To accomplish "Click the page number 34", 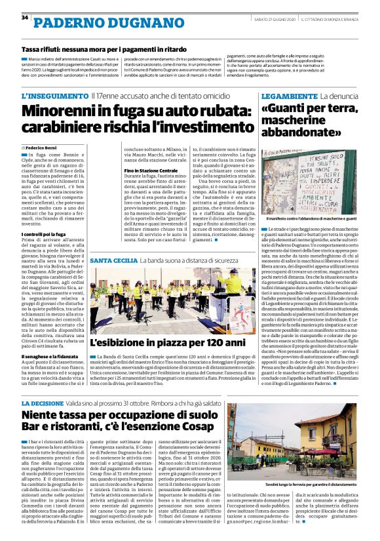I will click(x=24, y=18).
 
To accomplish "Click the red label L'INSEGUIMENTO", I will click(x=54, y=96).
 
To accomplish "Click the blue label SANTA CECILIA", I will click(x=113, y=260).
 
